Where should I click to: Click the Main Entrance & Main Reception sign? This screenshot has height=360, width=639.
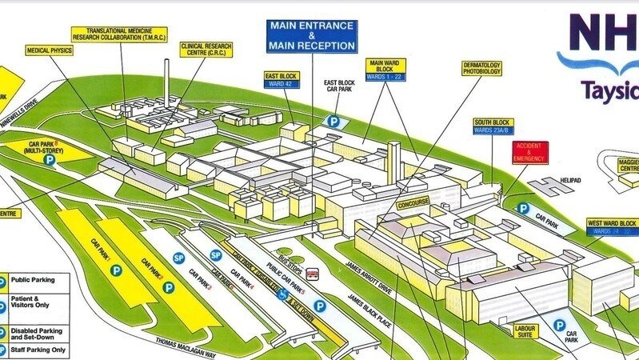pos(312,36)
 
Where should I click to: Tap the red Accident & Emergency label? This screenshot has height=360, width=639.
pos(529,152)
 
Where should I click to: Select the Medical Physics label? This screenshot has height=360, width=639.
pos(50,50)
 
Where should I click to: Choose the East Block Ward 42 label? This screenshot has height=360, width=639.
pos(282,78)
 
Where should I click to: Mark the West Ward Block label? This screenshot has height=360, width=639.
pos(612,226)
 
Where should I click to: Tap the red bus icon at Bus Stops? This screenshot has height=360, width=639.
pos(313,274)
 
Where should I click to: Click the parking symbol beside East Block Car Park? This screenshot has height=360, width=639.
pos(333,122)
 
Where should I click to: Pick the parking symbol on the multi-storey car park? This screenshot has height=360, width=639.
pos(50,160)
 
